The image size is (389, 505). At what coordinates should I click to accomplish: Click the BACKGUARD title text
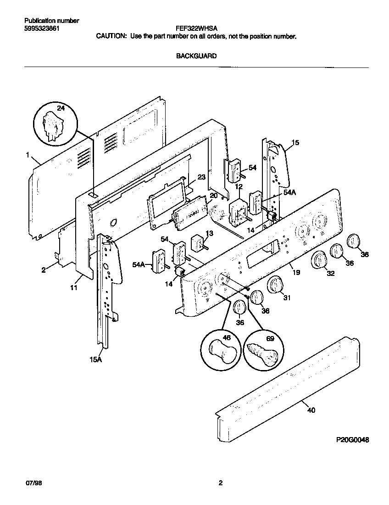click(x=196, y=56)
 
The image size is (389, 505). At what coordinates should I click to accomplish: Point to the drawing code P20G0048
click(x=352, y=439)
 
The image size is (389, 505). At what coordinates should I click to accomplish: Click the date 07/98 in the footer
click(x=31, y=483)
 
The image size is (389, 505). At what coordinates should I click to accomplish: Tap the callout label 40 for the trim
click(x=311, y=410)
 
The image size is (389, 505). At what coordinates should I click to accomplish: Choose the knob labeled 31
click(x=275, y=284)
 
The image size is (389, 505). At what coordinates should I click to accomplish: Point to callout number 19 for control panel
click(x=296, y=273)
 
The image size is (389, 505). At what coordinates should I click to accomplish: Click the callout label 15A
click(x=95, y=360)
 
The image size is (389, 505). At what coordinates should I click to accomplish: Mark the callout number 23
click(x=201, y=177)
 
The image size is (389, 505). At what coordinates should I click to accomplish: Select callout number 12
click(x=239, y=186)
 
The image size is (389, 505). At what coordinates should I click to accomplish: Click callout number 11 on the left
click(x=74, y=288)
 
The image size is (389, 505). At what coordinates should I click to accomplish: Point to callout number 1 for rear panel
click(x=28, y=156)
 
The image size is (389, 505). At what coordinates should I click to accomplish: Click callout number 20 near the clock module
click(x=213, y=195)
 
